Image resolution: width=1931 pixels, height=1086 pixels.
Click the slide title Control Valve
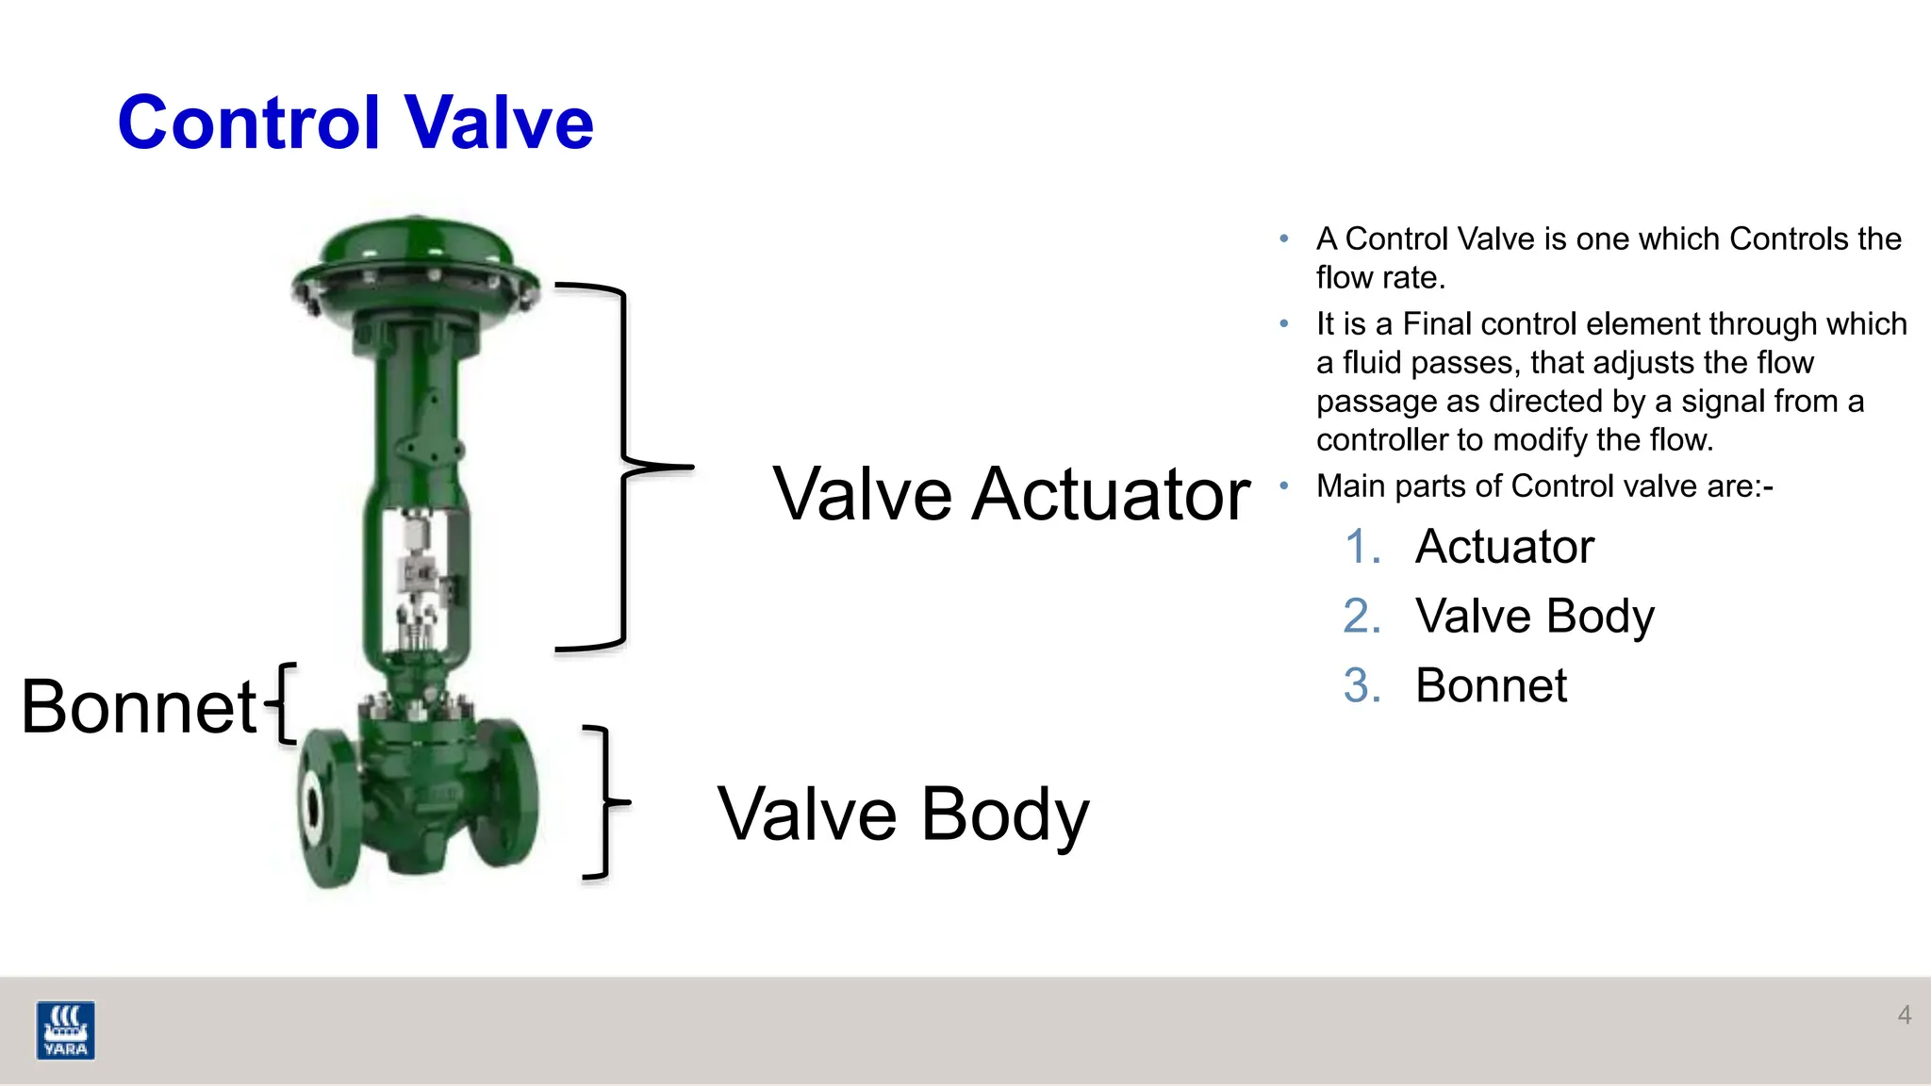pos(355,123)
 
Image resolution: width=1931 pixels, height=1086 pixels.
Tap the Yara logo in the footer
pos(65,1029)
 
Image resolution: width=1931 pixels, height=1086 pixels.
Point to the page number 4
pos(1904,1014)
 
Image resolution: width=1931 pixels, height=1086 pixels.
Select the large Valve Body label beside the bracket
pos(902,814)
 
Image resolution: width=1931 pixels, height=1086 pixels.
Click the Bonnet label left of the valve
pos(139,706)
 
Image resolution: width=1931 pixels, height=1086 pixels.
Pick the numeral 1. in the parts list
pos(1362,547)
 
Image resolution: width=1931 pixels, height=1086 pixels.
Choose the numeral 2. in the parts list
pos(1362,617)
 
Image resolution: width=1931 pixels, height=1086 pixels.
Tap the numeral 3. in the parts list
pos(1362,685)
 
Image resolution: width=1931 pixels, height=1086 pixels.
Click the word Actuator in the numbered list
pos(1504,547)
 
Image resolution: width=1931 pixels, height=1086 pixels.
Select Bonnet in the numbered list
pos(1491,685)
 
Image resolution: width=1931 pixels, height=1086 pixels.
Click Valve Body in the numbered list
pos(1534,617)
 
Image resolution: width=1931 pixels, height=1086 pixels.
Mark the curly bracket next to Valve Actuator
pos(623,466)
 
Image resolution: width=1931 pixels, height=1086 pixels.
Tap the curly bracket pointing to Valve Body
pos(603,802)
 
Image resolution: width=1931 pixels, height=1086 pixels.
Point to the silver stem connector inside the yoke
pos(418,571)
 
